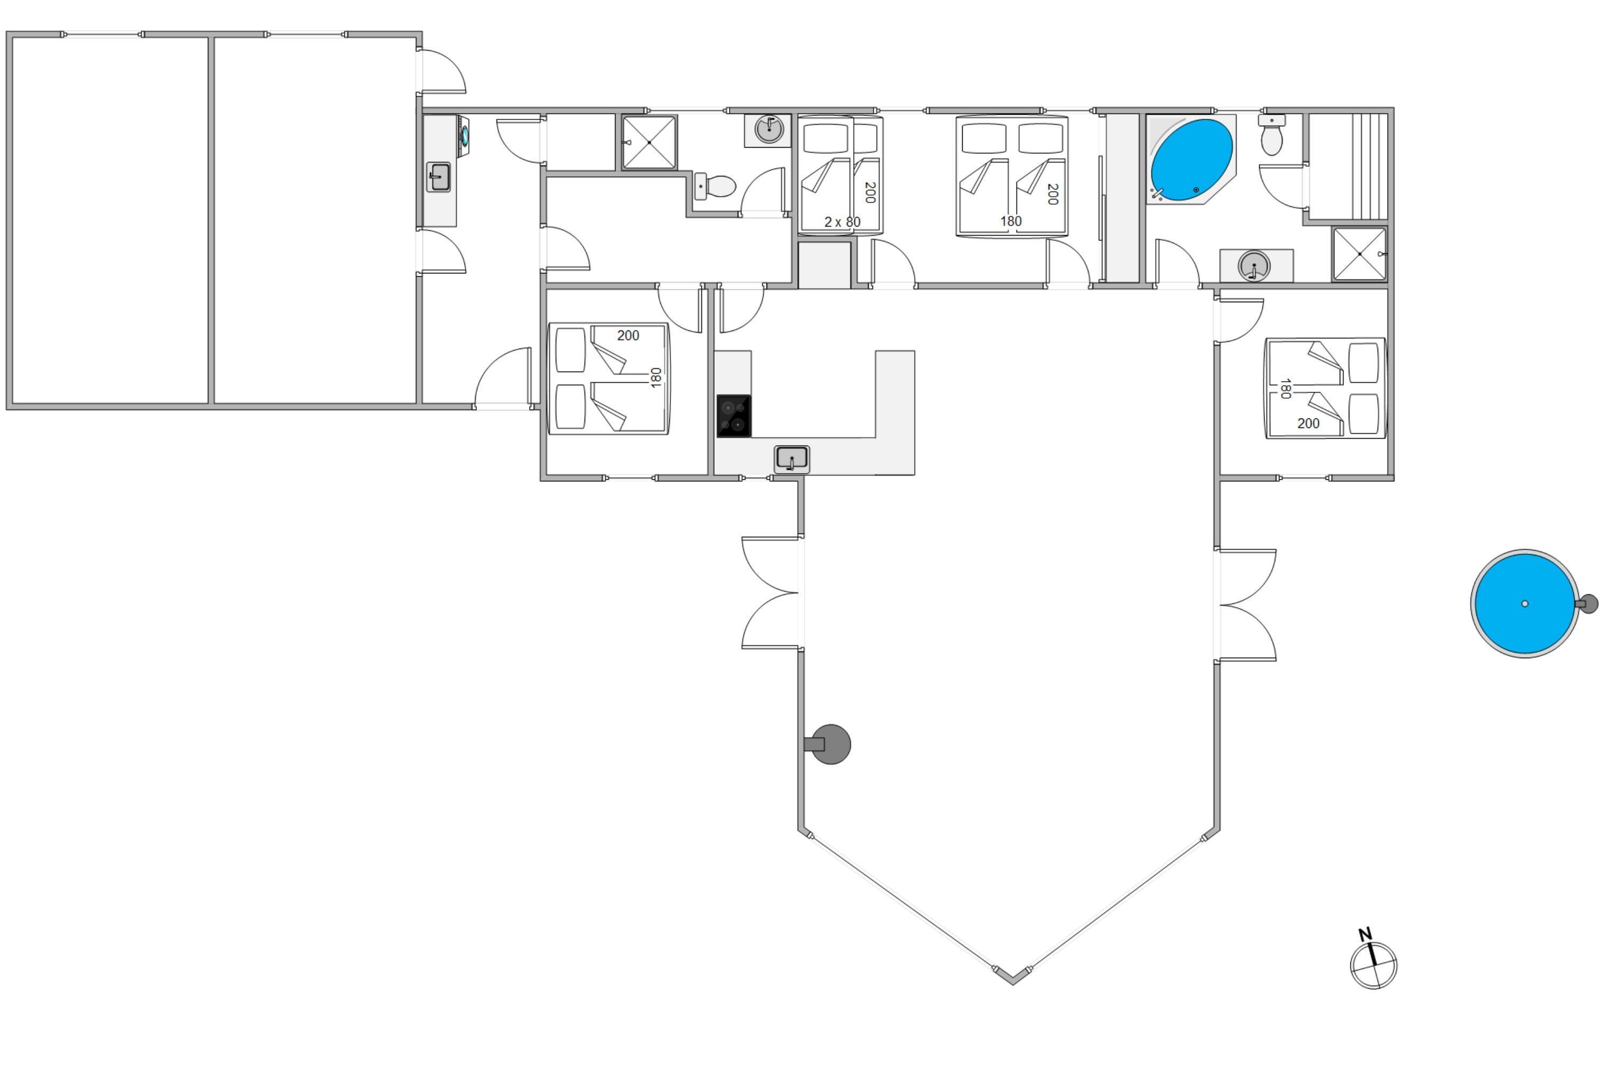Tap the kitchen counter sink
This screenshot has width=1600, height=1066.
(792, 459)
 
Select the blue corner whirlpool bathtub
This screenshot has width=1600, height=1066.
(1191, 160)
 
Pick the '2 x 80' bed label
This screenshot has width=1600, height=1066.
(842, 222)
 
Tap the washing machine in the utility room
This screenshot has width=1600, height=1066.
(464, 135)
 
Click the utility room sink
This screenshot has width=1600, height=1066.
(439, 177)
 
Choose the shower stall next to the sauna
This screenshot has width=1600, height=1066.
(1359, 254)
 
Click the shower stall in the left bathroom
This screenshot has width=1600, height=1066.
(649, 142)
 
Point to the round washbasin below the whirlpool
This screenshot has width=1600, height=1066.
(1254, 265)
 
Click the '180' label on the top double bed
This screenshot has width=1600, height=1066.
(1011, 221)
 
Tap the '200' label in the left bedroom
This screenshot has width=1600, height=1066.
(628, 335)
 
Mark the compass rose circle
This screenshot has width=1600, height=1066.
(1373, 965)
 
